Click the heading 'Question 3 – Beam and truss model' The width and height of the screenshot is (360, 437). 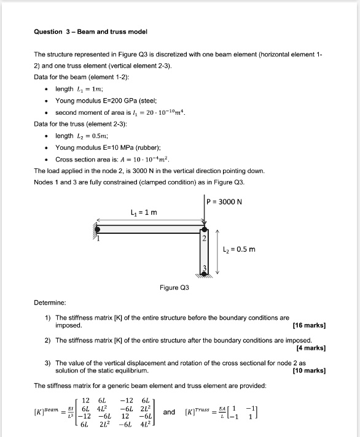(91, 31)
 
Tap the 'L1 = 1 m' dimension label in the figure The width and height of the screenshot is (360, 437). (144, 213)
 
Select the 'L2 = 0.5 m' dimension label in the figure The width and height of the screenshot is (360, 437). (238, 249)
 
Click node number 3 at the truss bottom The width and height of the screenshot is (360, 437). (205, 268)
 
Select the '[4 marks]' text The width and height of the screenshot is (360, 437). (311, 347)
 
